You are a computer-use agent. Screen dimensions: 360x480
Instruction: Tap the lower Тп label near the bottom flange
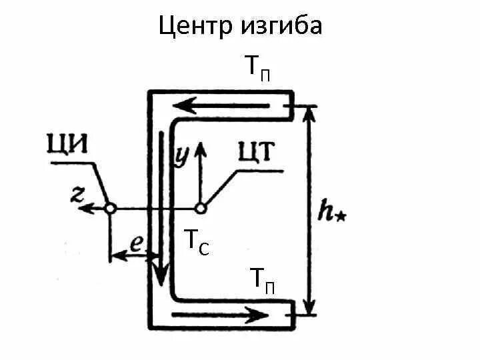(x=262, y=278)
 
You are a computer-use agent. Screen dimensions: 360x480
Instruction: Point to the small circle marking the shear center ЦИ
(x=111, y=209)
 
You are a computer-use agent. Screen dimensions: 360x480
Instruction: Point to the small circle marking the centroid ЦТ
(x=200, y=209)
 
